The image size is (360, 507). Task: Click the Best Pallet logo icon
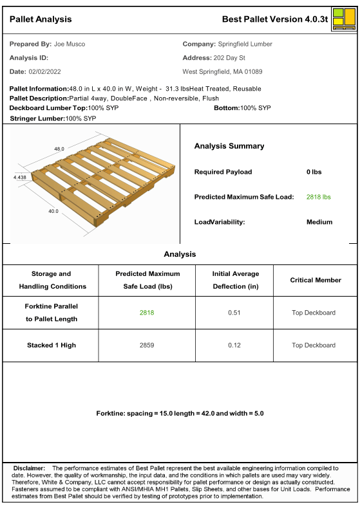click(344, 19)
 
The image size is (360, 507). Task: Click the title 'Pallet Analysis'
click(41, 19)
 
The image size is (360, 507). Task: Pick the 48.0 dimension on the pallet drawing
click(59, 149)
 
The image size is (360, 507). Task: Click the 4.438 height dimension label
click(20, 176)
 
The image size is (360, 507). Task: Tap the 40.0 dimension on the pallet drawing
click(53, 210)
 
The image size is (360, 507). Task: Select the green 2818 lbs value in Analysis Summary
click(318, 197)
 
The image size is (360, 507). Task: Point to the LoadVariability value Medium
click(319, 222)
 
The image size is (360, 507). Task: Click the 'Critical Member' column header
click(315, 280)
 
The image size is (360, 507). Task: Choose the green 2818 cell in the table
click(147, 313)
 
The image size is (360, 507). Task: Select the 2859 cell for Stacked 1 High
click(147, 346)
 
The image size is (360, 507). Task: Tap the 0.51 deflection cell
click(234, 313)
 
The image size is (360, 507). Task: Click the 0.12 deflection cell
click(234, 346)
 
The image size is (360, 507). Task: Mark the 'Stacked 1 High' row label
click(52, 346)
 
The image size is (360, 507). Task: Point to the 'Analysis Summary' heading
click(229, 146)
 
